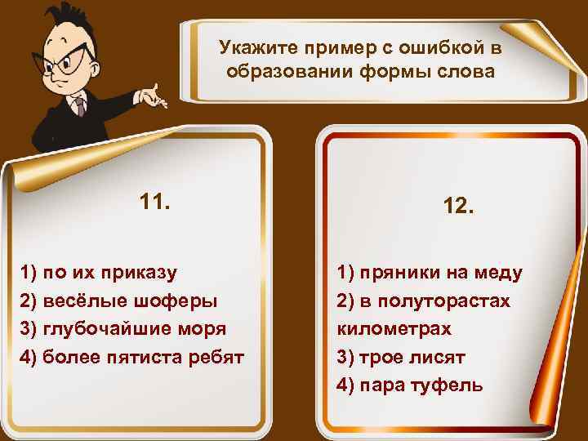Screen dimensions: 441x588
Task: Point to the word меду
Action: point(501,272)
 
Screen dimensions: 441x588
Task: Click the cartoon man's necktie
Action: point(78,105)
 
